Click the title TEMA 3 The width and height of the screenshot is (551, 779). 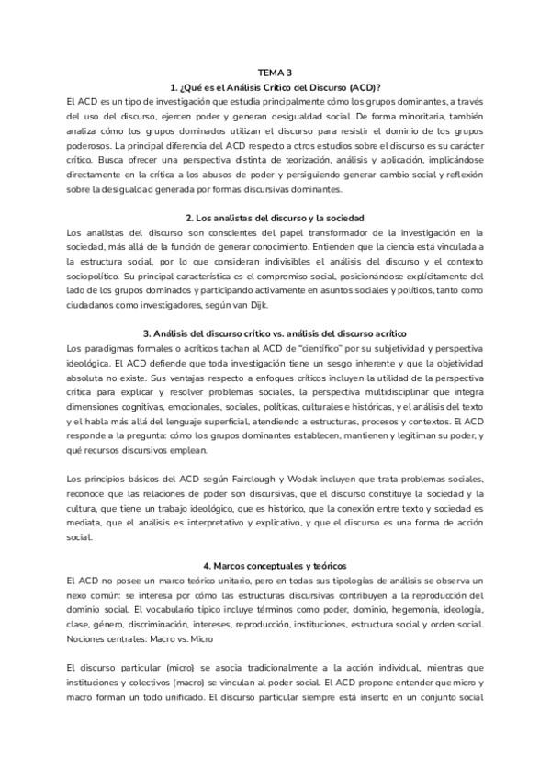point(275,72)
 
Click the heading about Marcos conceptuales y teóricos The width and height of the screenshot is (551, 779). point(275,565)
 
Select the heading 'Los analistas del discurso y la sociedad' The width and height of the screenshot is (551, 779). point(275,218)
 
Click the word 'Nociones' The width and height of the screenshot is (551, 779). point(90,638)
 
